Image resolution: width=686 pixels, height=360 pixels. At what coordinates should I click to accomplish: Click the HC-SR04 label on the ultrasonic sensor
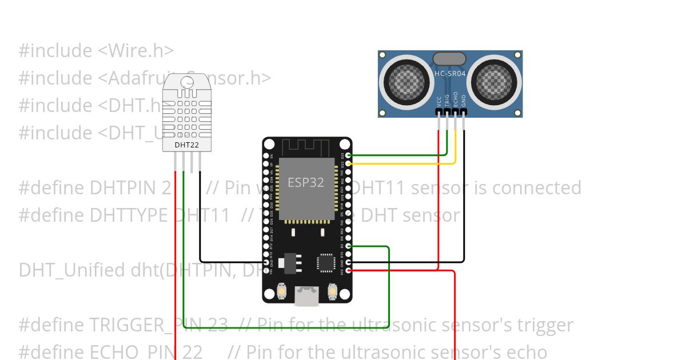tap(449, 73)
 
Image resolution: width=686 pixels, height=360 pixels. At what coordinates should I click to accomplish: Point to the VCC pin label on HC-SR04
tap(438, 101)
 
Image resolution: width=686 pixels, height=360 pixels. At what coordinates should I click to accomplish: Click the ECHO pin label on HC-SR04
tap(456, 99)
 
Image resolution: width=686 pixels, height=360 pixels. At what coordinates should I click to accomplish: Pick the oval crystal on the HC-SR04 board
tap(449, 58)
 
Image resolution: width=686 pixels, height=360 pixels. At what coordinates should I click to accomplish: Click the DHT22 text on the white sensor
tap(187, 145)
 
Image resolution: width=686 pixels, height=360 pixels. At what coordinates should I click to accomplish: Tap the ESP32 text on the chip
tap(306, 182)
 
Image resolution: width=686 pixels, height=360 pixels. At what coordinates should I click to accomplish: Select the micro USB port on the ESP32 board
tap(307, 295)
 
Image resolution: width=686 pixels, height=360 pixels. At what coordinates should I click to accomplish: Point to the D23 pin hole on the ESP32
tap(349, 155)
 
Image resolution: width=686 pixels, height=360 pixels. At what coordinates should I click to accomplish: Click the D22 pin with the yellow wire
tap(349, 163)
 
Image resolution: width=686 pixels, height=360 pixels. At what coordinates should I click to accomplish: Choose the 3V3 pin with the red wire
tap(349, 270)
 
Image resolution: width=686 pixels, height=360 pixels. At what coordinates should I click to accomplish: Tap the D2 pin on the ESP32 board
tap(349, 246)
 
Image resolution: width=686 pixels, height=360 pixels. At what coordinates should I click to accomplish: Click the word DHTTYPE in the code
tap(129, 215)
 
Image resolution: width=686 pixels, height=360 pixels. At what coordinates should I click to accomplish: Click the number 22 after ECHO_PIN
tap(193, 352)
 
